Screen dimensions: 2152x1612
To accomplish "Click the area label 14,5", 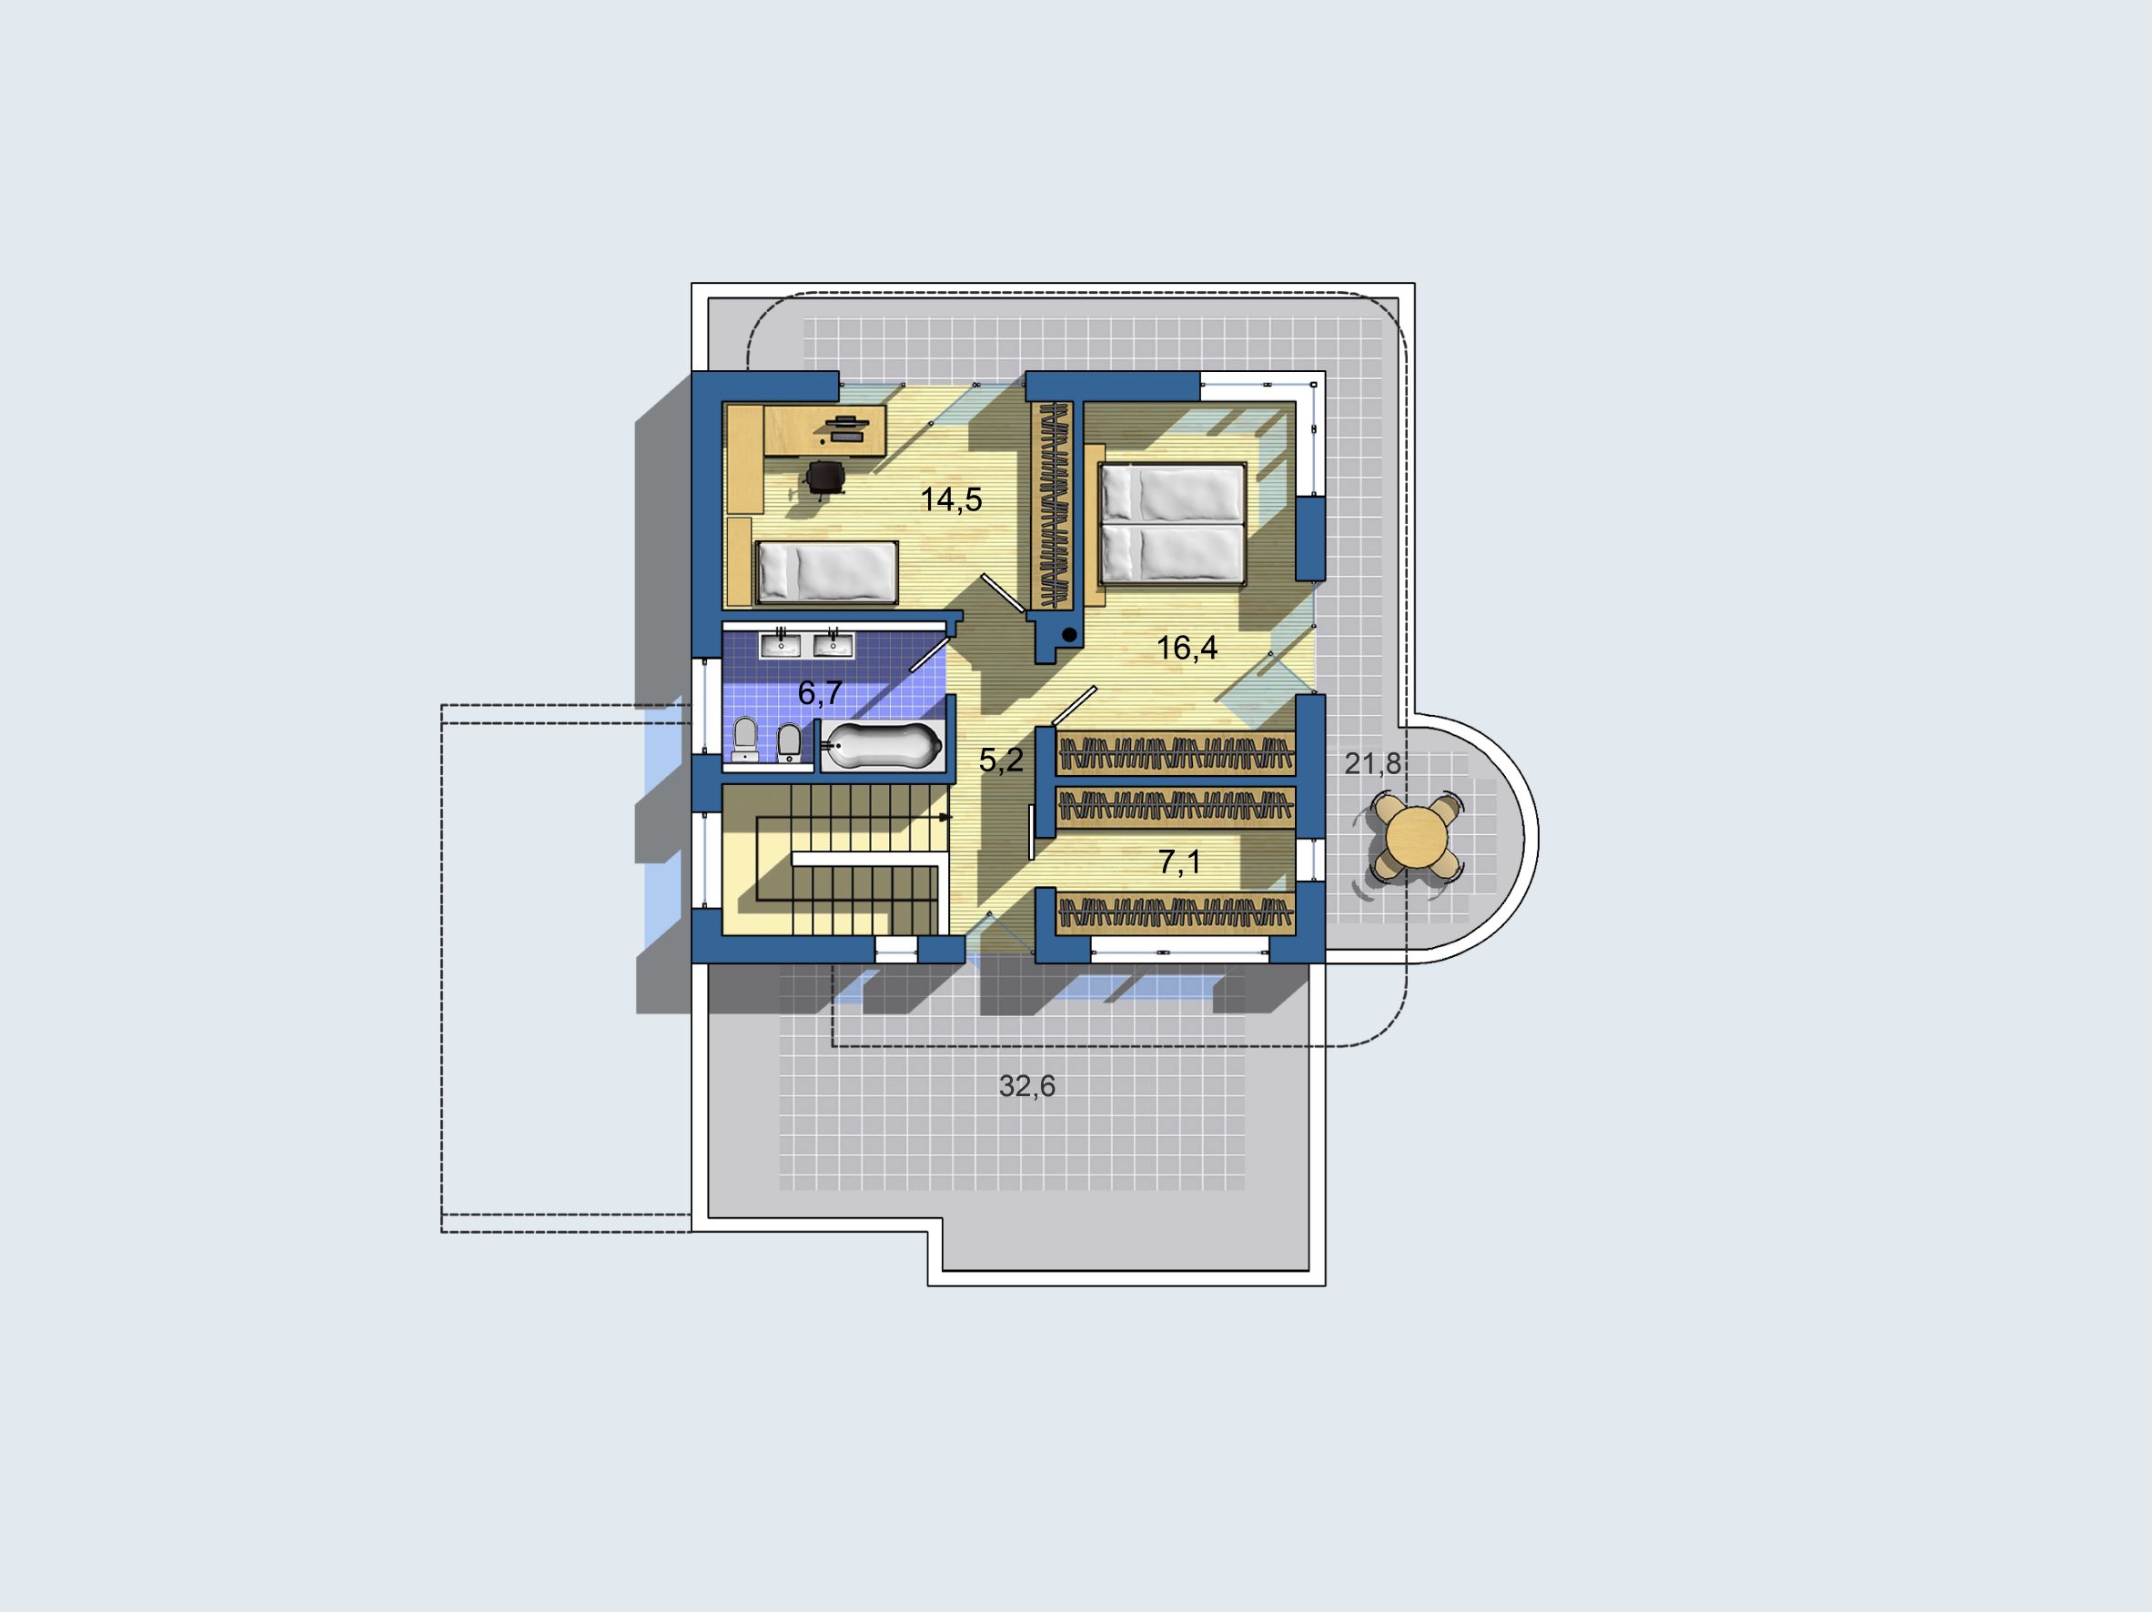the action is pyautogui.click(x=952, y=500).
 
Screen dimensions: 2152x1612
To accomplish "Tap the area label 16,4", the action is pyautogui.click(x=1187, y=648).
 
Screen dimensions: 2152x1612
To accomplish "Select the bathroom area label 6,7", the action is pyautogui.click(x=820, y=693).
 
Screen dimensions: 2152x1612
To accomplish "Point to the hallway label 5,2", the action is pyautogui.click(x=1001, y=761).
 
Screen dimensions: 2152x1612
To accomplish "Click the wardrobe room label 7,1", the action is pyautogui.click(x=1180, y=861).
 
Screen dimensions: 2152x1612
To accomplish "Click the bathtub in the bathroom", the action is pyautogui.click(x=884, y=746).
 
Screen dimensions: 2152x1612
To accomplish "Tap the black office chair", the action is pyautogui.click(x=826, y=478).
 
